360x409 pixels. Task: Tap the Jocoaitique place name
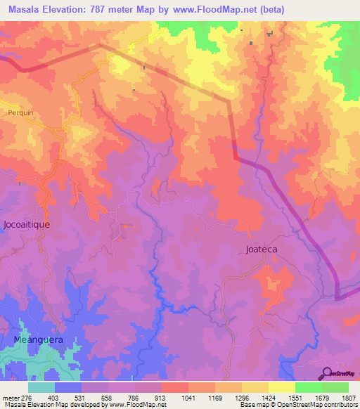coord(26,226)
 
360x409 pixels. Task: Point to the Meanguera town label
coord(39,339)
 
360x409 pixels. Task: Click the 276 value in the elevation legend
coord(26,397)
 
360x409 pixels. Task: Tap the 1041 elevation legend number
coord(187,397)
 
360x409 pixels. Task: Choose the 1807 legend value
coord(349,397)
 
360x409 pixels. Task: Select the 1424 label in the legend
coord(267,397)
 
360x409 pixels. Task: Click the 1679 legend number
coord(321,397)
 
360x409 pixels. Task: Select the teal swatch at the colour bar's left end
coord(41,387)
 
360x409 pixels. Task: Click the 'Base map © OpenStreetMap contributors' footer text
coord(297,405)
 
